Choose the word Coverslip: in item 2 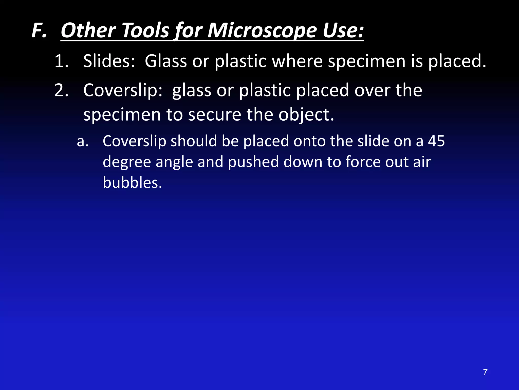(x=123, y=90)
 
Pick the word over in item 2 (x=373, y=90)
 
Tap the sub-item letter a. (x=83, y=141)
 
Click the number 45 (x=436, y=141)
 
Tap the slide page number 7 (x=485, y=372)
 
